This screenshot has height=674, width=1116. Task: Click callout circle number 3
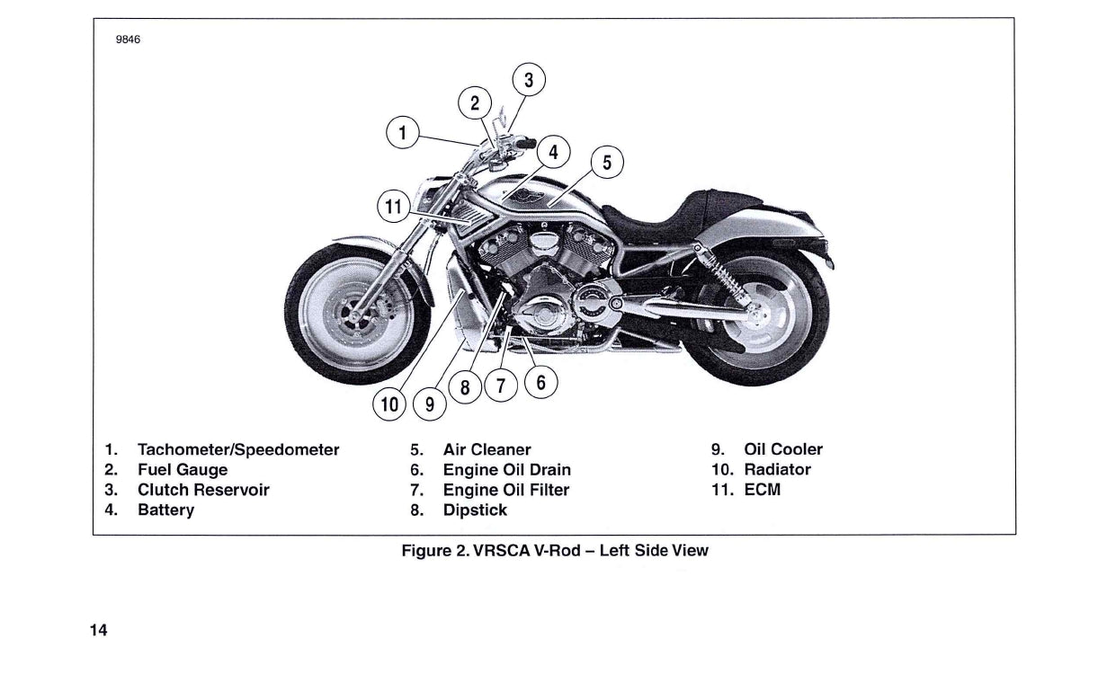pyautogui.click(x=529, y=80)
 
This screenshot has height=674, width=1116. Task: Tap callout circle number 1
pyautogui.click(x=403, y=134)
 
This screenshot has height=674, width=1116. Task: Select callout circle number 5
pyautogui.click(x=607, y=163)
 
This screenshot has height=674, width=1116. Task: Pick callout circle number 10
pyautogui.click(x=389, y=404)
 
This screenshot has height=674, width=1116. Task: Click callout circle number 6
pyautogui.click(x=540, y=383)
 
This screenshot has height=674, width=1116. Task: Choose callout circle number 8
pyautogui.click(x=465, y=388)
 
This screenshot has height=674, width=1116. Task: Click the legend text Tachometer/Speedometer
pyautogui.click(x=238, y=449)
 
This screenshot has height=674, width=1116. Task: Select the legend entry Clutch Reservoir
pyautogui.click(x=203, y=490)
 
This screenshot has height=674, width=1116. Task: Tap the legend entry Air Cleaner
pyautogui.click(x=487, y=449)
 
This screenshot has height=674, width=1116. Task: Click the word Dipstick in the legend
pyautogui.click(x=475, y=510)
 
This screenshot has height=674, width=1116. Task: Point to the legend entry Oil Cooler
pyautogui.click(x=782, y=449)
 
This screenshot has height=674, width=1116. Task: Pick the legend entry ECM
pyautogui.click(x=762, y=490)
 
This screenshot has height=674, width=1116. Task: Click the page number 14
pyautogui.click(x=98, y=631)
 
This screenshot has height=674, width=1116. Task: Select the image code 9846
pyautogui.click(x=129, y=40)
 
